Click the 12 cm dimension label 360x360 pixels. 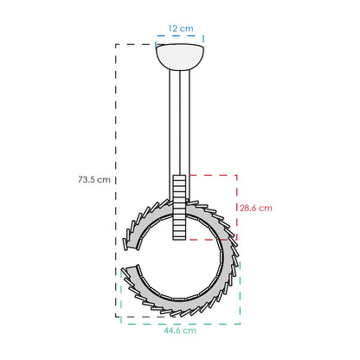click(x=181, y=29)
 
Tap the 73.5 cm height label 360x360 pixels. click(x=94, y=179)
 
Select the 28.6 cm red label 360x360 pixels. click(x=256, y=208)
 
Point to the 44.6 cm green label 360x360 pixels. click(x=180, y=331)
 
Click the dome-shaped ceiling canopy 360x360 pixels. click(x=180, y=57)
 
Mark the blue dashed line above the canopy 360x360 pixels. click(x=180, y=35)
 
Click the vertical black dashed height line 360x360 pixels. click(x=116, y=181)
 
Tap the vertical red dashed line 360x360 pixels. click(x=236, y=207)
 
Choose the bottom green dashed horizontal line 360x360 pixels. click(x=181, y=324)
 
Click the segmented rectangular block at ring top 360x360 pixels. click(x=179, y=207)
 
